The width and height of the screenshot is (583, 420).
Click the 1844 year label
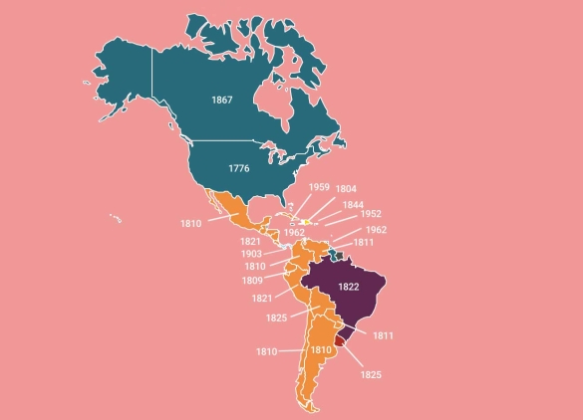coord(353,205)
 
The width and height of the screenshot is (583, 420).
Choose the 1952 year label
coord(371,214)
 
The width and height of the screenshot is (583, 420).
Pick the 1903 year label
coord(252,254)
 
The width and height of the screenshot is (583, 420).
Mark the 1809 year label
coord(252,280)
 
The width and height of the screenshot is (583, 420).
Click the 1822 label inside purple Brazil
coord(348,287)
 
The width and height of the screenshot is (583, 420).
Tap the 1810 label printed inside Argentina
coord(320,350)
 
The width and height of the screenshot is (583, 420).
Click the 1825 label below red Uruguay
coord(371,374)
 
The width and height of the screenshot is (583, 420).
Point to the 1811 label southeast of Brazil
coord(383,335)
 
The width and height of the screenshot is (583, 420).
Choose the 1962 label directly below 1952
coord(376,230)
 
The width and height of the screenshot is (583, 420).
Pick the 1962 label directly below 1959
coord(294,232)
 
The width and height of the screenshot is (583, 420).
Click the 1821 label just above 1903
coord(250,242)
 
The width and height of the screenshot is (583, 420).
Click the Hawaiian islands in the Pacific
coord(116,218)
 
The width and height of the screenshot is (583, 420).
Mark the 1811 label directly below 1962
coord(364,242)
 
